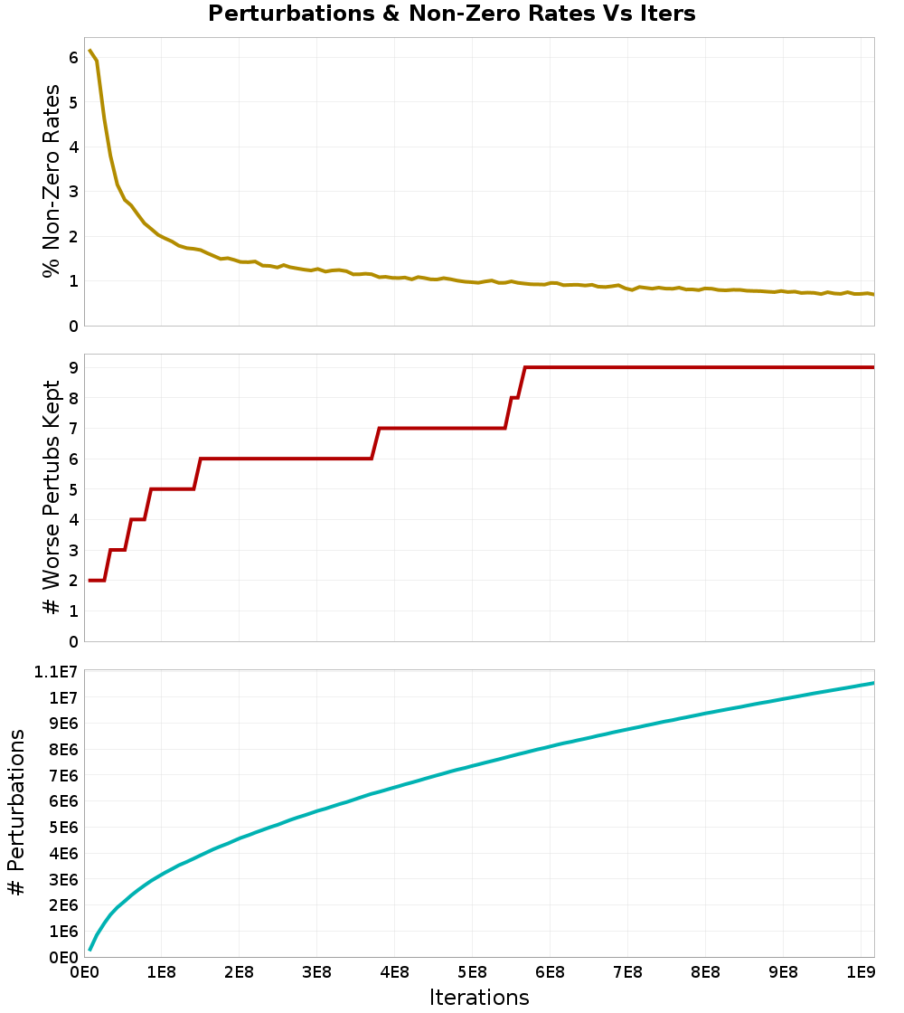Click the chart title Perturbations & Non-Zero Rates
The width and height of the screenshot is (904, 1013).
(x=451, y=14)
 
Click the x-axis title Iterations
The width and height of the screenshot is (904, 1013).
(x=478, y=997)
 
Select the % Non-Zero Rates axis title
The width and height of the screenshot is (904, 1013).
(x=52, y=181)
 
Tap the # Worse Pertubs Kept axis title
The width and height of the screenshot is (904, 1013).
(x=52, y=498)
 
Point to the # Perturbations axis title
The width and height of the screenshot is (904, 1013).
(x=16, y=813)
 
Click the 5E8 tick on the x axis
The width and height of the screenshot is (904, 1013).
(x=472, y=972)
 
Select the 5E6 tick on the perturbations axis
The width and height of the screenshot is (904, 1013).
(x=61, y=828)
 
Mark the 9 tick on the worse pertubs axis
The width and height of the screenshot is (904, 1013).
(x=73, y=367)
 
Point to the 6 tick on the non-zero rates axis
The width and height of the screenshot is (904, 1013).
(x=73, y=58)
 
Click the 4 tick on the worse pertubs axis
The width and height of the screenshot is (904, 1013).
(x=73, y=520)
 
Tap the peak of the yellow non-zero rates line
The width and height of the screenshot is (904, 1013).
(x=89, y=51)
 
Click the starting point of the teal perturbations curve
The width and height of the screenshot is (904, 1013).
(x=89, y=950)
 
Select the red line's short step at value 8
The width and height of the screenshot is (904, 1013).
(x=514, y=397)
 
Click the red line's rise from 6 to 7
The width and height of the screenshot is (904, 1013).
(x=375, y=443)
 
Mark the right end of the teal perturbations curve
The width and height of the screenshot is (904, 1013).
(x=873, y=683)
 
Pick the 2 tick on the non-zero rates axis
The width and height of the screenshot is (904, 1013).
(x=73, y=236)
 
